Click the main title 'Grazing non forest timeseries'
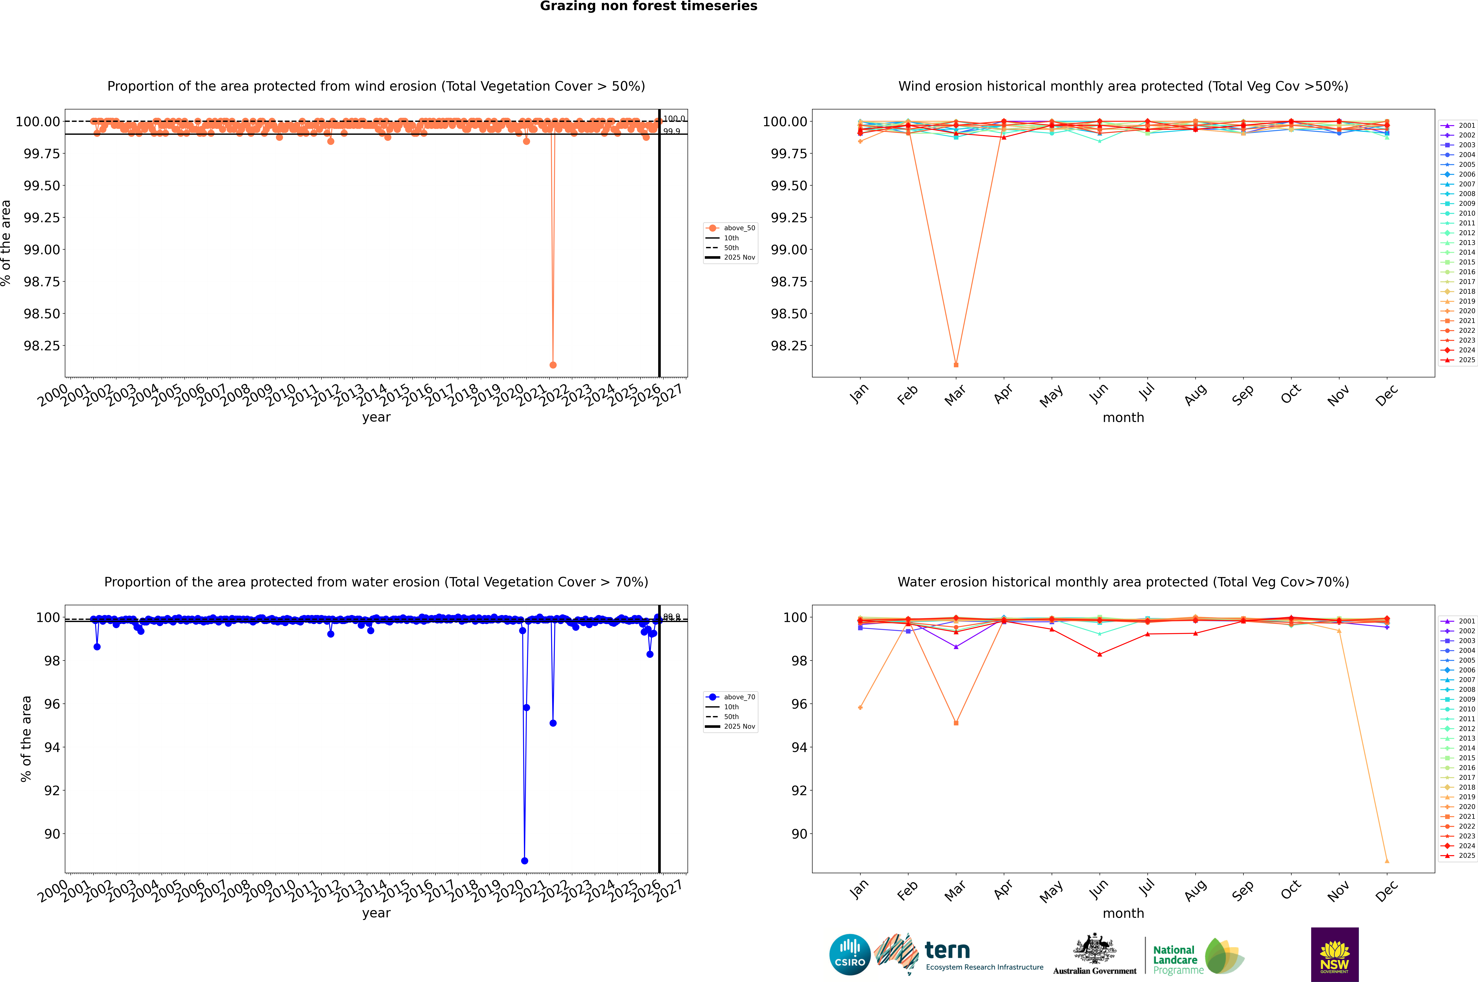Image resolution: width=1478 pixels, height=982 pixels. coord(649,6)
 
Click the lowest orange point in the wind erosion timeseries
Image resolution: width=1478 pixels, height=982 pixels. coord(553,364)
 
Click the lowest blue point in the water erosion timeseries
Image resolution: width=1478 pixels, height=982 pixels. coord(524,860)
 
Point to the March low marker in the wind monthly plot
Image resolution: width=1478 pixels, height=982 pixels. coord(955,364)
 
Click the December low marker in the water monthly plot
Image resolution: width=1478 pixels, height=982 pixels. coord(1387,860)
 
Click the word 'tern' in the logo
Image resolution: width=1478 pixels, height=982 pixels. coord(947,951)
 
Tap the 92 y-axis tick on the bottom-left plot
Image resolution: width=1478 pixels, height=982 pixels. coord(51,790)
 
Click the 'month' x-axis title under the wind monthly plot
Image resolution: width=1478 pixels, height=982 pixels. coord(1123,418)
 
